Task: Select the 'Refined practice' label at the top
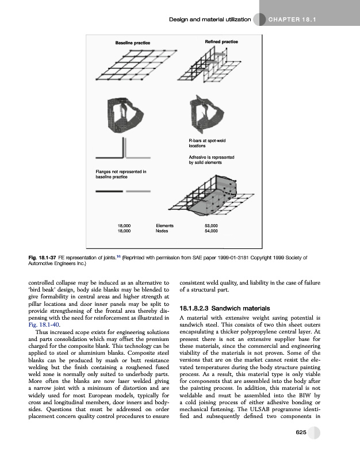[x=221, y=43]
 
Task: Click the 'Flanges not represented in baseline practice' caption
[x=121, y=174]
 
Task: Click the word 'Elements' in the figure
[x=165, y=226]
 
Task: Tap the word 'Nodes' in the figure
[x=162, y=231]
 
